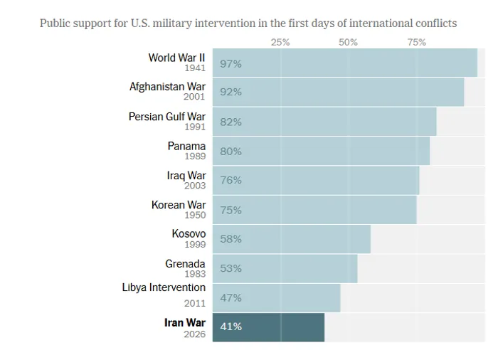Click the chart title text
[x=248, y=23]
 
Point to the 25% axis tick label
[x=280, y=42]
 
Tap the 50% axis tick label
[x=348, y=42]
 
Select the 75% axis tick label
[x=416, y=42]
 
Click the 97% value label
[x=231, y=63]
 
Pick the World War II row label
[x=176, y=58]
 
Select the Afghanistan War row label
[x=167, y=87]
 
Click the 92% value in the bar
[x=231, y=92]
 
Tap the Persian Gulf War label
[x=166, y=117]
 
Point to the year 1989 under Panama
[x=195, y=157]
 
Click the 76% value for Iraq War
[x=231, y=180]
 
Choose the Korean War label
[x=178, y=205]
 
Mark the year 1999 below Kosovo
[x=195, y=245]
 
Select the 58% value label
[x=231, y=239]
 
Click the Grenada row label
[x=185, y=264]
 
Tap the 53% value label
[x=231, y=268]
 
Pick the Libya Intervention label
[x=164, y=287]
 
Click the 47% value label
[x=231, y=297]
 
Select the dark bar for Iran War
[x=285, y=327]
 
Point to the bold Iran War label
[x=184, y=322]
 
